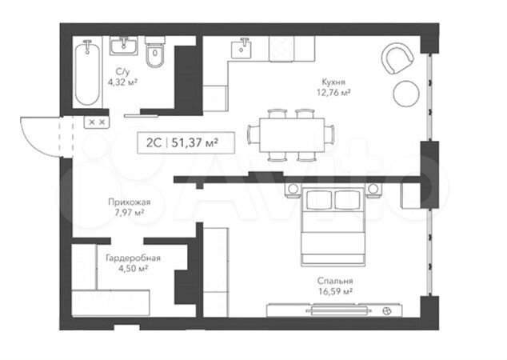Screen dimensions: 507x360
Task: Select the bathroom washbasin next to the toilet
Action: [x=123, y=46]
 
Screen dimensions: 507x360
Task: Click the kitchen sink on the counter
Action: [x=242, y=48]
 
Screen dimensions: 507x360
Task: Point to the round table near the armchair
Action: [x=406, y=94]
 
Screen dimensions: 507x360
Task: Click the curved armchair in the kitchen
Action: [x=397, y=58]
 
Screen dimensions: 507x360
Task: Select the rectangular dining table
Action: [x=292, y=135]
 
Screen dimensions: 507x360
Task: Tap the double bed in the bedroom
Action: [x=333, y=226]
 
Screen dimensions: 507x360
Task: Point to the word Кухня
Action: [x=333, y=82]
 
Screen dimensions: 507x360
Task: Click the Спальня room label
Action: [x=335, y=281]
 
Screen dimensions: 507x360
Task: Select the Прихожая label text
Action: [x=129, y=202]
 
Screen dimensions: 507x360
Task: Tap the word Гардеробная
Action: [x=134, y=258]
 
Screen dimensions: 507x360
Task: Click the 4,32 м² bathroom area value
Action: [x=122, y=82]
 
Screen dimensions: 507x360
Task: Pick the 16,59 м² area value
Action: [x=335, y=291]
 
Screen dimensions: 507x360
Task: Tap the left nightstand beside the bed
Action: [x=293, y=190]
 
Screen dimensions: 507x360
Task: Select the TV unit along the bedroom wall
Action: [x=334, y=310]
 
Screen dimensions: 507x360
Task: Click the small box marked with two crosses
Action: [x=97, y=122]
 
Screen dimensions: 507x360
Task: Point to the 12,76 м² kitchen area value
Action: [x=334, y=93]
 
